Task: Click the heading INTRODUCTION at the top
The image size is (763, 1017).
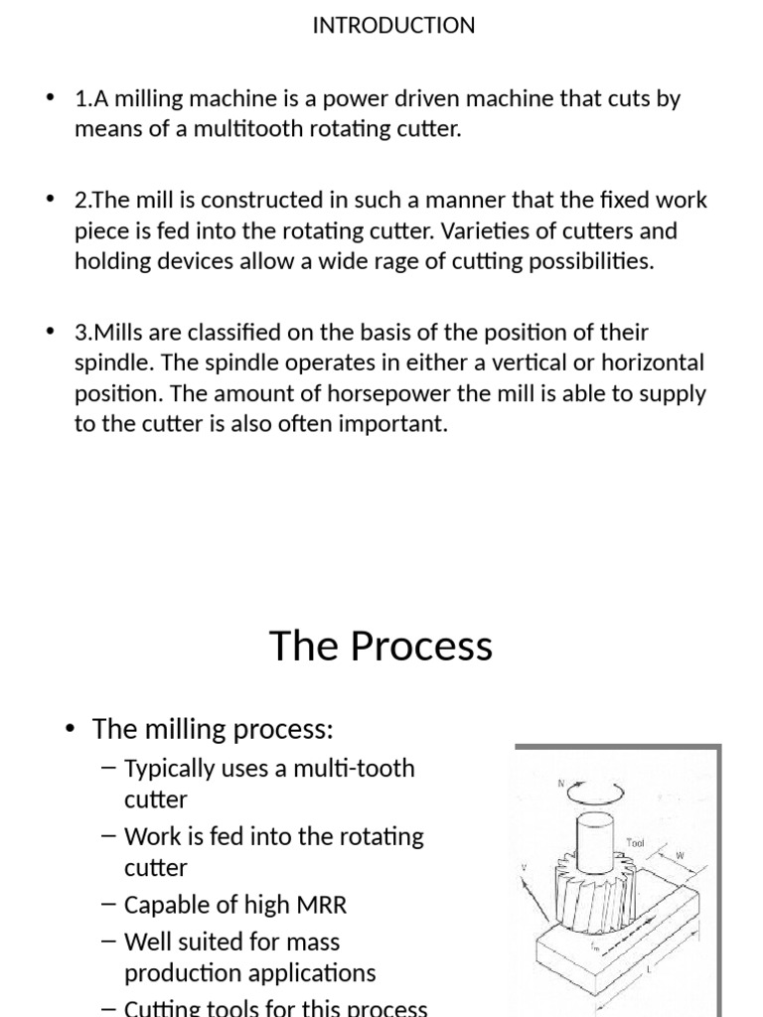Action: (x=393, y=26)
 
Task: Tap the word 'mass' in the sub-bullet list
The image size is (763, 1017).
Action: (x=308, y=942)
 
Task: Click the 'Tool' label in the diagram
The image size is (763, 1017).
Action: (x=636, y=844)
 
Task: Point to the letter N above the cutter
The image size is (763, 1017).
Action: (x=561, y=784)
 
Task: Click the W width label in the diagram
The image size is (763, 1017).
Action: (x=681, y=855)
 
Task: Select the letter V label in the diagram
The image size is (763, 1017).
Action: (x=524, y=868)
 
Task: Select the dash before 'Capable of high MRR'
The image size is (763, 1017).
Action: (x=109, y=905)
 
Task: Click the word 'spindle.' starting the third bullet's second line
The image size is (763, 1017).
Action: (x=110, y=363)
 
